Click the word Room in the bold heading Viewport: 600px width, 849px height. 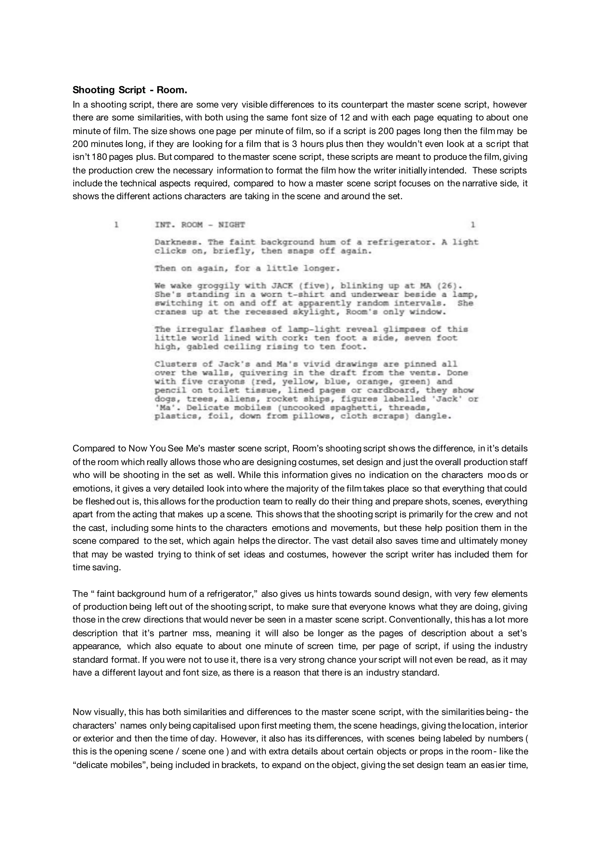coord(172,90)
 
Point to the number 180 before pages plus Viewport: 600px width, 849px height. coord(100,157)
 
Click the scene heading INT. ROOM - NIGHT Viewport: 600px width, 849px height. coord(200,224)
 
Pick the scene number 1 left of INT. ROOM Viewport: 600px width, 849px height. coord(116,224)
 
